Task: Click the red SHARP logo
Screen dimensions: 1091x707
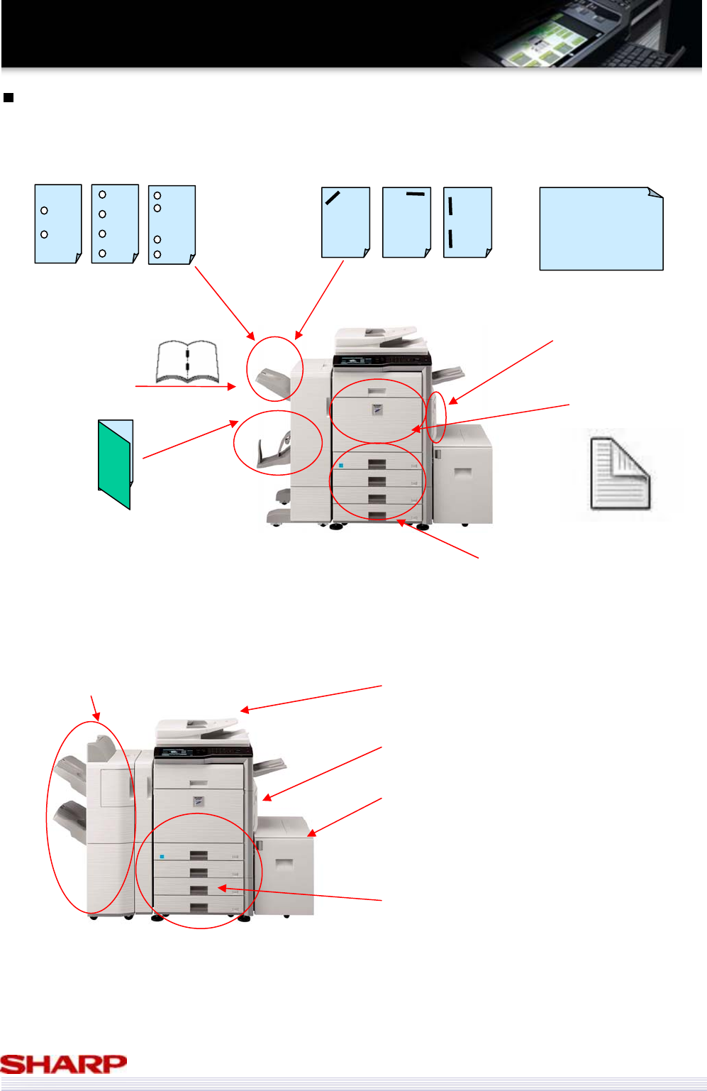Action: tap(64, 1063)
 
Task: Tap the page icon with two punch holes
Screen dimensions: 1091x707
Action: tap(58, 224)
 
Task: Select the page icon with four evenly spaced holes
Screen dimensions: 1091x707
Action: tap(115, 224)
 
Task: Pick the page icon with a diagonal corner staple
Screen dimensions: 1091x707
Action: tap(345, 222)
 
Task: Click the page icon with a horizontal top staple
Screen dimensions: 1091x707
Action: tap(406, 222)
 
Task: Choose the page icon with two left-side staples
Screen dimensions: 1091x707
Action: tap(467, 222)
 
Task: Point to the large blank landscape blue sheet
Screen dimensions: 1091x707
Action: tap(601, 229)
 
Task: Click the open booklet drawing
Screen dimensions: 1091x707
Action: tap(187, 362)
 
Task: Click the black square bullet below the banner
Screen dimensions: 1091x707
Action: tap(9, 97)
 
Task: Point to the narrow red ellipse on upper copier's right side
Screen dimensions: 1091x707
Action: tap(438, 417)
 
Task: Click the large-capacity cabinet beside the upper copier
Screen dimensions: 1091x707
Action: tap(462, 473)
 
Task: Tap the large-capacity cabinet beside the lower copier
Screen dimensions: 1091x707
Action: tap(284, 866)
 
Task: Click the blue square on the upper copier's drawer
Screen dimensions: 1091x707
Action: tap(341, 466)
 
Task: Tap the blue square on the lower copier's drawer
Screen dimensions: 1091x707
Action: tap(162, 856)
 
